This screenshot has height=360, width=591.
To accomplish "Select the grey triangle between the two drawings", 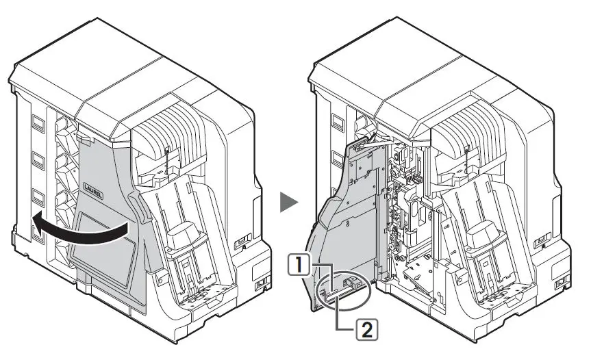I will [x=290, y=203].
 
